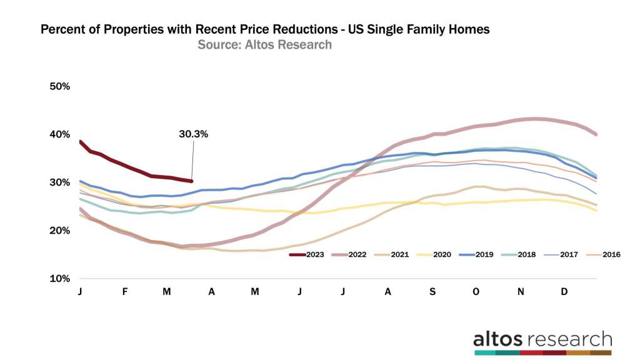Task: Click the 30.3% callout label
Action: pyautogui.click(x=193, y=134)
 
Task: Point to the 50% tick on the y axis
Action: pyautogui.click(x=60, y=86)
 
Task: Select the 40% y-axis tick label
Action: pyautogui.click(x=60, y=134)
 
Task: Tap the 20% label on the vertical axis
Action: pyautogui.click(x=60, y=231)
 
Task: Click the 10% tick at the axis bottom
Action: pyautogui.click(x=60, y=279)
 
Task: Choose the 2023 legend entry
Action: pyautogui.click(x=311, y=255)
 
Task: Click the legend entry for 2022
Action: pyautogui.click(x=354, y=255)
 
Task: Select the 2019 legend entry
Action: pyautogui.click(x=482, y=255)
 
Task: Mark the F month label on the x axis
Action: pyautogui.click(x=125, y=292)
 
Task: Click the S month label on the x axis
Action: pyautogui.click(x=432, y=292)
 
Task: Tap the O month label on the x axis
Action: pyautogui.click(x=477, y=292)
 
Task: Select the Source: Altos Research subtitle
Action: pyautogui.click(x=264, y=45)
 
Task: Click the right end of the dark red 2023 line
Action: pyautogui.click(x=191, y=181)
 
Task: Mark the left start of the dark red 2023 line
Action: pyautogui.click(x=81, y=141)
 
